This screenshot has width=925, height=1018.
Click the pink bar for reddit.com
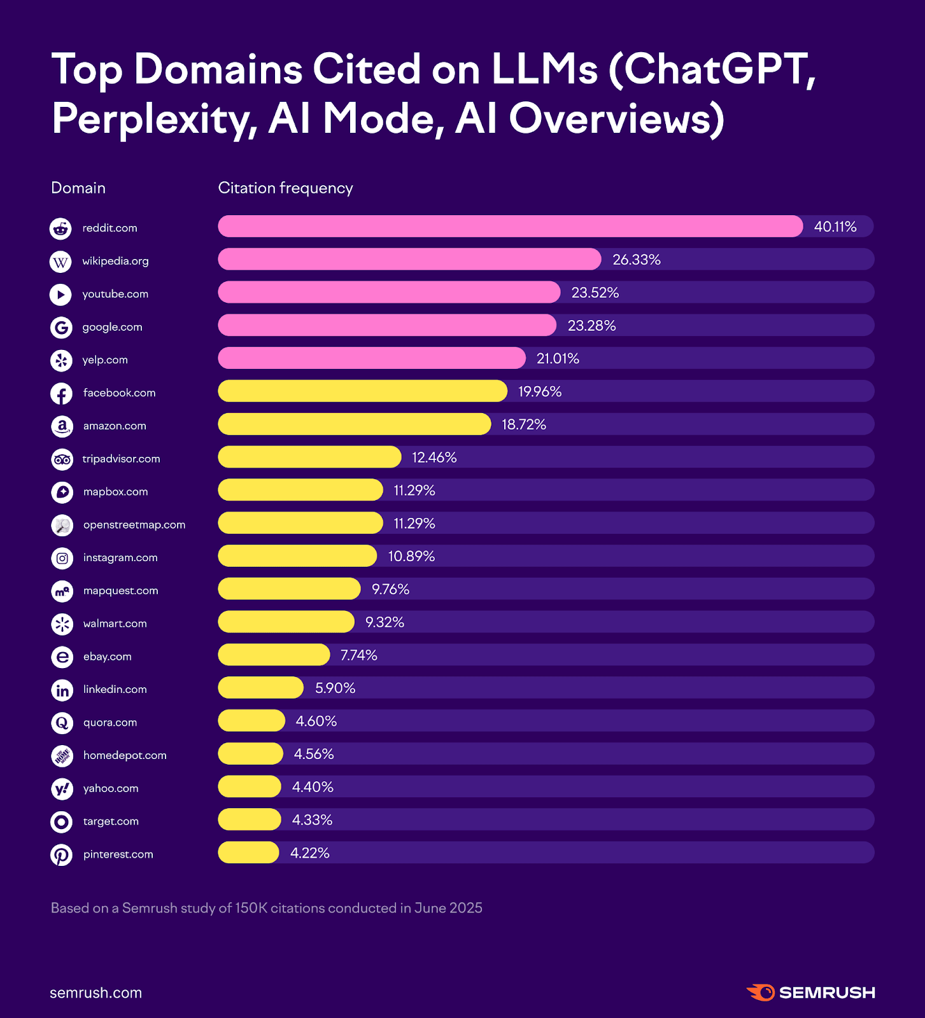(x=509, y=227)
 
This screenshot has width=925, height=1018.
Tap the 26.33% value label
(x=636, y=260)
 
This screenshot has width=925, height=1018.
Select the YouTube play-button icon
(x=61, y=294)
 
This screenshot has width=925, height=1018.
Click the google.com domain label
(x=112, y=327)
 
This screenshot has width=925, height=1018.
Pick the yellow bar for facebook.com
(x=362, y=391)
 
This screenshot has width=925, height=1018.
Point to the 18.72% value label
(x=523, y=424)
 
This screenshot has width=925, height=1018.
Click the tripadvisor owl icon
(x=62, y=459)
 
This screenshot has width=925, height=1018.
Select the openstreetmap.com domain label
(x=134, y=525)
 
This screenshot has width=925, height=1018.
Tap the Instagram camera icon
(x=62, y=558)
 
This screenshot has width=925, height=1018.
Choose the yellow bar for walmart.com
(x=286, y=622)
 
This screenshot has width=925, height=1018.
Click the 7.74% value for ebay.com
(x=358, y=655)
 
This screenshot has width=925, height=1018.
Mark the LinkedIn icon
(x=62, y=690)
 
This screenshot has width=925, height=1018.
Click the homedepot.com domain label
(x=125, y=755)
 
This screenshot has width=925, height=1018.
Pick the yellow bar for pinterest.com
(x=248, y=853)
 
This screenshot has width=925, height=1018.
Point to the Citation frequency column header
(x=285, y=188)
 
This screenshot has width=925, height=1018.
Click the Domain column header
(x=78, y=188)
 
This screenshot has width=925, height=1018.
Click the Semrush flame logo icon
(x=761, y=993)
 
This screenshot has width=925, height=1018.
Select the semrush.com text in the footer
(x=96, y=993)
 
